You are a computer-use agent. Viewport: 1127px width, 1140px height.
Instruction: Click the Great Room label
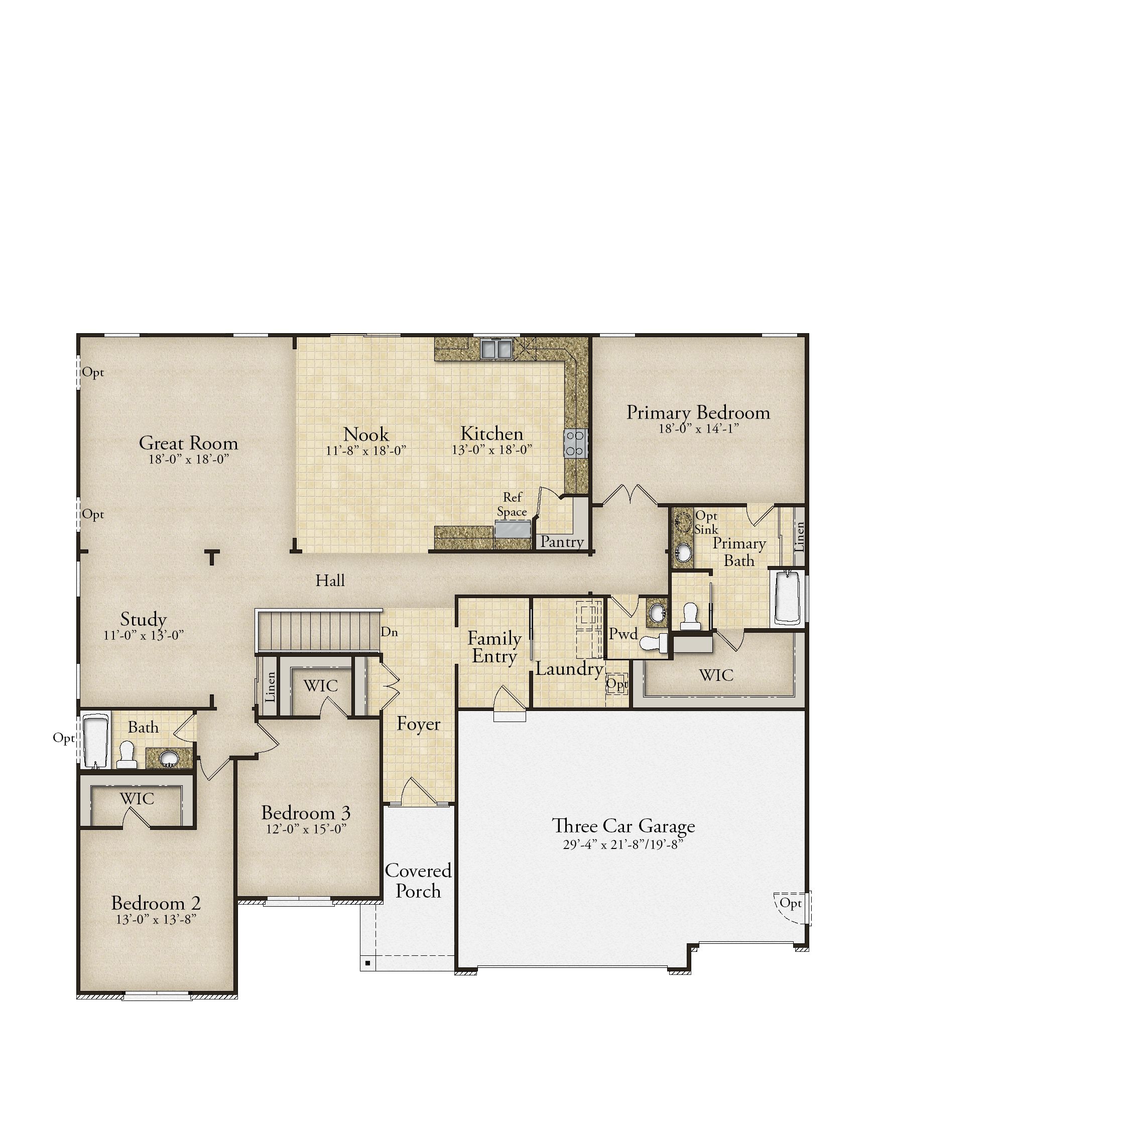coord(188,443)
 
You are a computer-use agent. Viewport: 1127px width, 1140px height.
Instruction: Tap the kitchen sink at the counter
coord(496,348)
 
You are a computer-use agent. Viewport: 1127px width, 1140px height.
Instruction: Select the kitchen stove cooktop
coord(576,443)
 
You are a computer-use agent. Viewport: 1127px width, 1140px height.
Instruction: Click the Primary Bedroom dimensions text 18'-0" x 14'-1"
coord(698,429)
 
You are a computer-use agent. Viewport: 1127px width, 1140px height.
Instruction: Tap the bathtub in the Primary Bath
coord(787,597)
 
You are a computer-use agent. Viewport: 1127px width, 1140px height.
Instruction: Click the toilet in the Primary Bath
coord(690,617)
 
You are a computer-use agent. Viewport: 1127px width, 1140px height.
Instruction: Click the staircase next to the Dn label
coord(317,631)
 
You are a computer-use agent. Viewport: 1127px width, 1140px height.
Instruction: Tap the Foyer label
coord(418,724)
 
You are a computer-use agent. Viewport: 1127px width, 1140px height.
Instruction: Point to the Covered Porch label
coord(418,881)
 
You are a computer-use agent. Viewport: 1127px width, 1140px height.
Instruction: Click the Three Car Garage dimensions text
coord(623,844)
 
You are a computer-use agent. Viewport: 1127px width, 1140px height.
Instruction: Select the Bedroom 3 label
coord(306,812)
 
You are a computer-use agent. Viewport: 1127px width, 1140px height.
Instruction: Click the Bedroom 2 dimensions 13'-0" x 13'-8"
coord(156,919)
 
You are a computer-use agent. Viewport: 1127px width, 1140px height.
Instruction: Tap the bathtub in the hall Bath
coord(96,741)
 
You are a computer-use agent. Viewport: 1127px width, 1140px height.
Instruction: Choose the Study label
coord(143,620)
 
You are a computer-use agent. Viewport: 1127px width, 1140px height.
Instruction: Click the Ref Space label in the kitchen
coord(512,504)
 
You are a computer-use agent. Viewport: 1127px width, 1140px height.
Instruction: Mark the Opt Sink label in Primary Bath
coord(706,522)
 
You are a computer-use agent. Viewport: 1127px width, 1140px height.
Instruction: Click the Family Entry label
coord(494,647)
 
